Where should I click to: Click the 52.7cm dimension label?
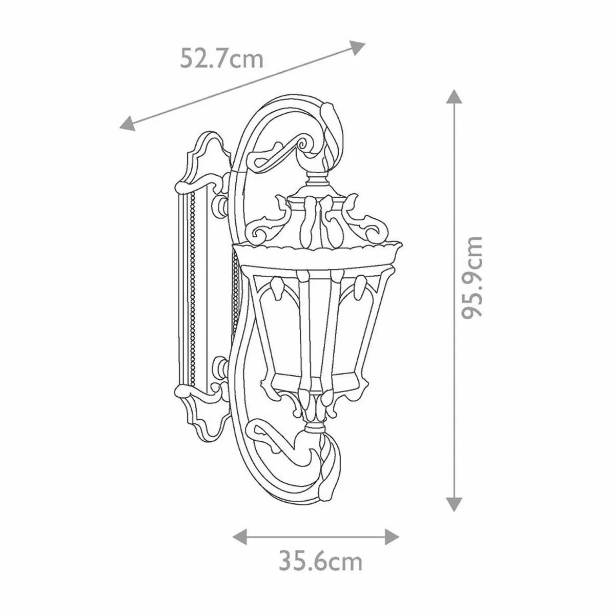(x=221, y=59)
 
